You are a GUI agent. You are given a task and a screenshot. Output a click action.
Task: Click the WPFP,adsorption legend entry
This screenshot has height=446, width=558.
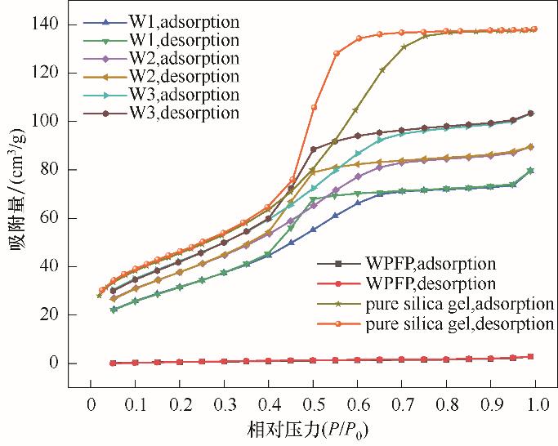(x=419, y=264)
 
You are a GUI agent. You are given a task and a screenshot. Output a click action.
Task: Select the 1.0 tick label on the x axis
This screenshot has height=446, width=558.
(x=538, y=404)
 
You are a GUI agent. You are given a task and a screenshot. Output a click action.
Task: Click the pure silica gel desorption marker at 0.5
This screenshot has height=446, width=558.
(x=314, y=108)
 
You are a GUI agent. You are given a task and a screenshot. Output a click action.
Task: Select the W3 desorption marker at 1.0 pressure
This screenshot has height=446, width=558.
(x=531, y=114)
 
